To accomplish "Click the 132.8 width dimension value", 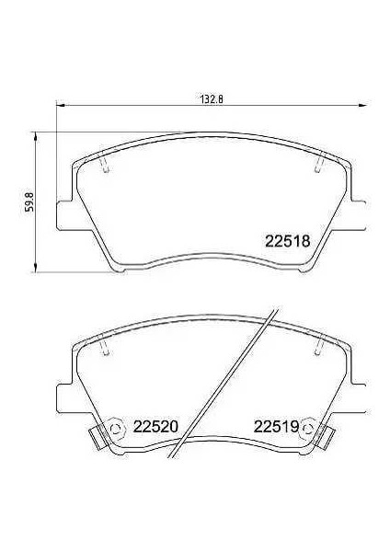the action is coord(212,99).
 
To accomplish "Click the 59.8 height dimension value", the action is coord(29,201).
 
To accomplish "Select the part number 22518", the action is coord(288,241).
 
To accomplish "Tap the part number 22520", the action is coord(155,427).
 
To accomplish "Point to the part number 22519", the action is coord(276,427).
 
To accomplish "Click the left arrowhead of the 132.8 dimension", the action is coord(61,105).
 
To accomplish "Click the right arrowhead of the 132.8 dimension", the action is coord(363,105).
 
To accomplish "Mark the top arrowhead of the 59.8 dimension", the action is coord(35,137).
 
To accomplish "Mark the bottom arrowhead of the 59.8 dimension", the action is coord(35,267).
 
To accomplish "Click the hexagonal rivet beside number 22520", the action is coord(116,428).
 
